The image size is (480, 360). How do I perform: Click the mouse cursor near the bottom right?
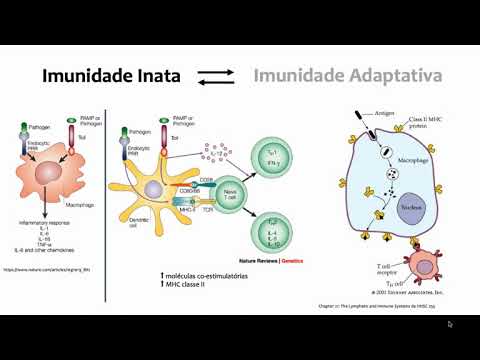[449, 324]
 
